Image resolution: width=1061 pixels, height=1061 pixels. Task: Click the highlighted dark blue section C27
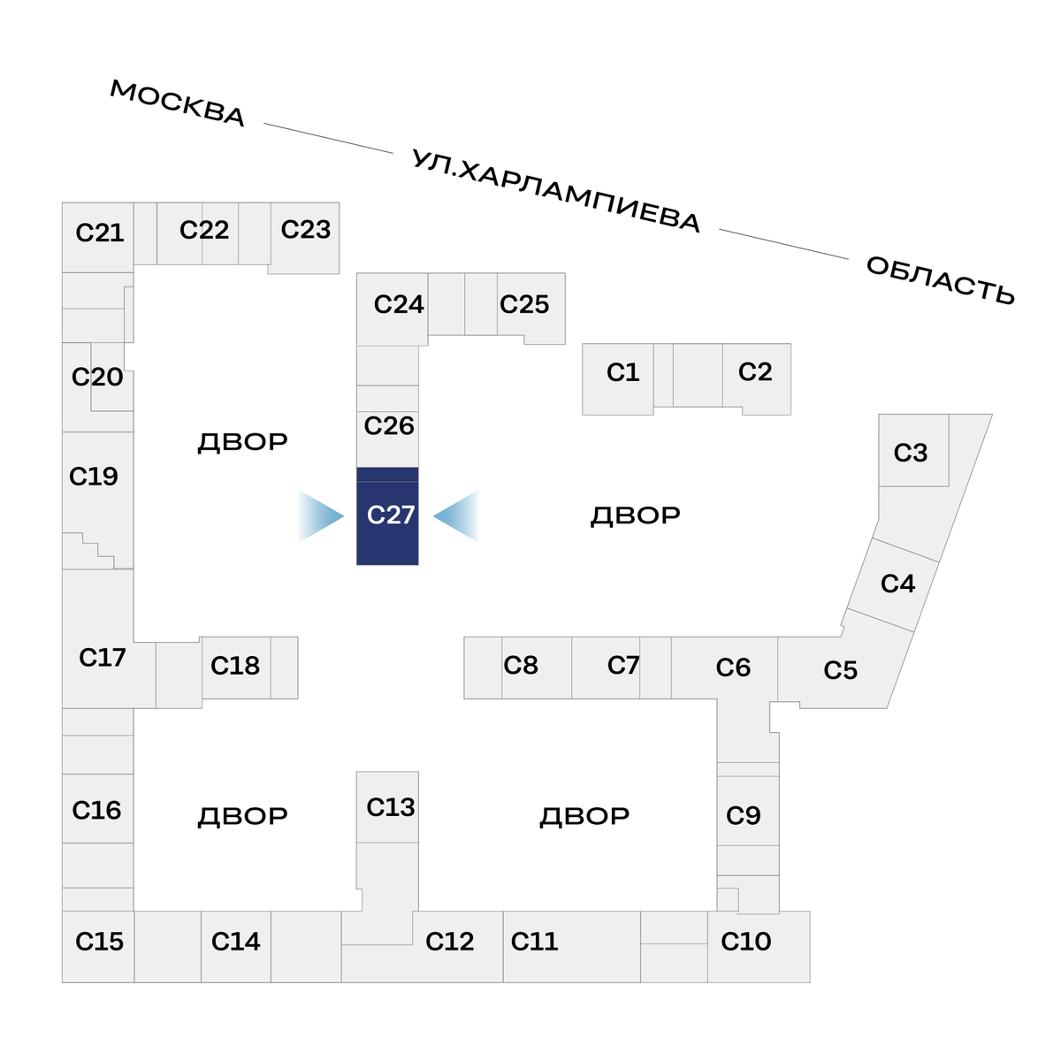(x=387, y=516)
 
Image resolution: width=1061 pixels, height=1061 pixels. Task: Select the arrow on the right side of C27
(x=456, y=515)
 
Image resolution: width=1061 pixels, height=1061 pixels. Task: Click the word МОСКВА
(x=178, y=103)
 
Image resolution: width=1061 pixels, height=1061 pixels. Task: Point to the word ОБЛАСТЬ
(x=940, y=280)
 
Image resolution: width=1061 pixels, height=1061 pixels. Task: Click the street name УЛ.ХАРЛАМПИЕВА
(x=556, y=192)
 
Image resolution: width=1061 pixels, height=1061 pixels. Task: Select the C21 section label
(x=100, y=233)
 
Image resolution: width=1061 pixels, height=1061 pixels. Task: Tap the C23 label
(x=306, y=230)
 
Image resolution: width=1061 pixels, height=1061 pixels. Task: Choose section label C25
(x=524, y=305)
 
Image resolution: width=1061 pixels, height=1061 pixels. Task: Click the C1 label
(x=622, y=372)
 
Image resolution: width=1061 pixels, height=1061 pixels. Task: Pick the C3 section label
(x=911, y=453)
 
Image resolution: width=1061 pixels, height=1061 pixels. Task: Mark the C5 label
(x=841, y=670)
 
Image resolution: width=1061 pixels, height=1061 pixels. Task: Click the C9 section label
(x=744, y=815)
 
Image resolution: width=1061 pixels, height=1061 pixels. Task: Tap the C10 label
(x=746, y=942)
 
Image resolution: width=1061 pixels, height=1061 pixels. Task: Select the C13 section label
(x=391, y=807)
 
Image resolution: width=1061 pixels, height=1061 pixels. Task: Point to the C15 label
(x=100, y=942)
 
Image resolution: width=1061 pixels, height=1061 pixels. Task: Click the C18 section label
(x=235, y=666)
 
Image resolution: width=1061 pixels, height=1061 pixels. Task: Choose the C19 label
(x=94, y=477)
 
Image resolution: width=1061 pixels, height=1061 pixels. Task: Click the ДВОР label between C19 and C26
(x=242, y=442)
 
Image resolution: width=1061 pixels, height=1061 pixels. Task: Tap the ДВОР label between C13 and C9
(x=584, y=816)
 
